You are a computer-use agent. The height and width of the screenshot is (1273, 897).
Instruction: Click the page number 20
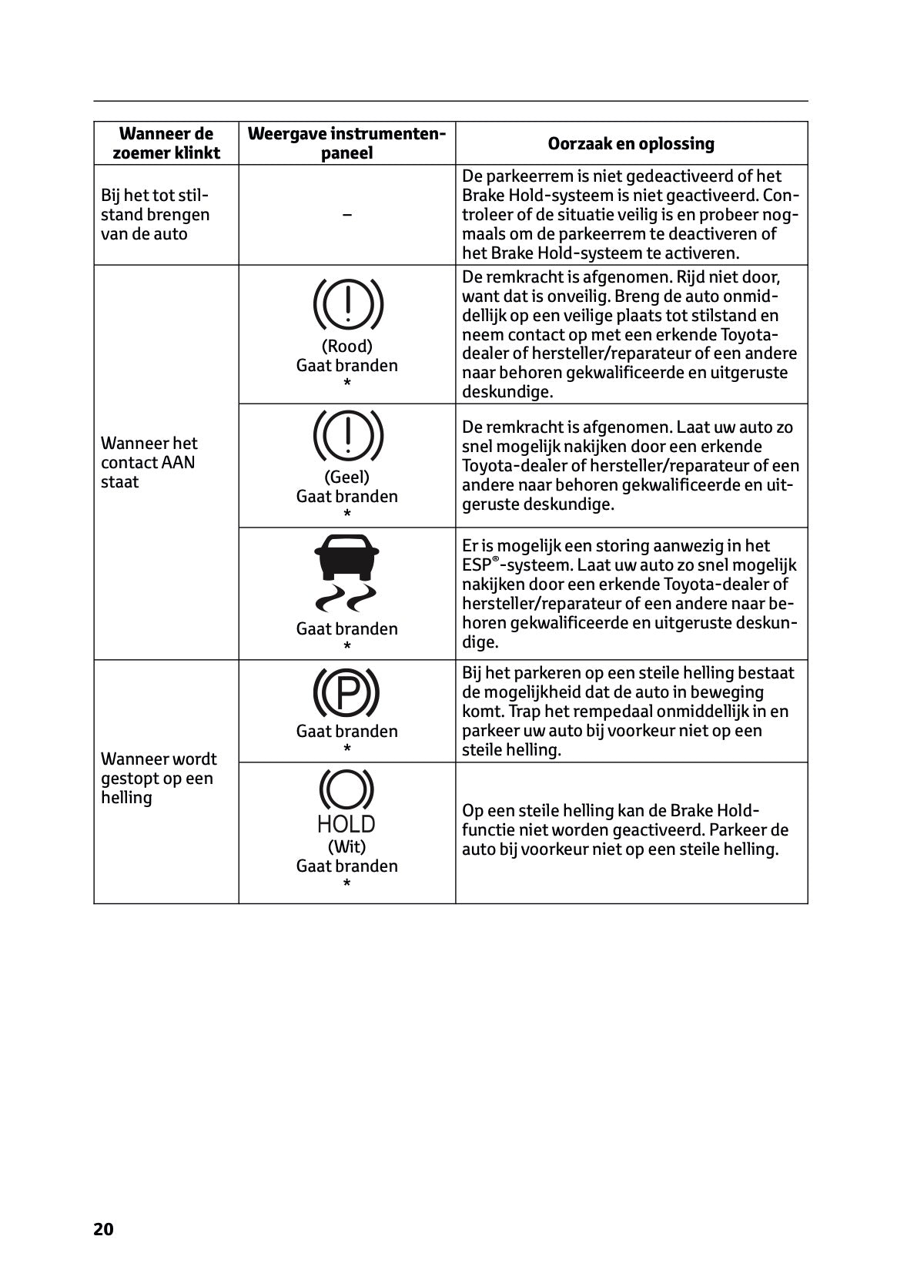click(103, 1229)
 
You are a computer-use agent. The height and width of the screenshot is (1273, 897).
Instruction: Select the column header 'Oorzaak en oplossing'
click(631, 143)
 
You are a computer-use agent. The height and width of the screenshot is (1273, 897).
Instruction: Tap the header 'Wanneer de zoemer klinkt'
click(166, 143)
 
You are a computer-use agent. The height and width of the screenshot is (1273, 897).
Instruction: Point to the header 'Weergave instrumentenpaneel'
click(346, 143)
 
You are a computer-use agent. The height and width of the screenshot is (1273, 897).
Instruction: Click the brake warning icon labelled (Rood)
click(347, 302)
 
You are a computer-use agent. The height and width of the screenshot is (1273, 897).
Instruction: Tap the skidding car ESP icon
click(346, 570)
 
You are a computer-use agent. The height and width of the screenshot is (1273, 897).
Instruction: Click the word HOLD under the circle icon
click(346, 824)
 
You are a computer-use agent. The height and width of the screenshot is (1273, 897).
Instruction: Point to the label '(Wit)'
click(346, 846)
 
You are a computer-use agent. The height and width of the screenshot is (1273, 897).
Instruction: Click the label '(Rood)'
click(346, 346)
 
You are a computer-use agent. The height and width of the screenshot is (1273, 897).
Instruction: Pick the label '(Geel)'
click(346, 477)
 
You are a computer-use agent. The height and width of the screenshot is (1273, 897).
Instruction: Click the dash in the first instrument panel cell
click(346, 215)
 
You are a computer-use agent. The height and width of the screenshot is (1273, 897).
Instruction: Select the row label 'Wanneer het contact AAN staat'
click(149, 462)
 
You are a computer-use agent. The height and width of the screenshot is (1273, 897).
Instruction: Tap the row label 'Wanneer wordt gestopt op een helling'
click(159, 778)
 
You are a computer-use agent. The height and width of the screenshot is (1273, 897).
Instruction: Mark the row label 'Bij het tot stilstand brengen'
click(155, 214)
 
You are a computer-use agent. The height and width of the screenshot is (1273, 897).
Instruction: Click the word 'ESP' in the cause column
click(476, 565)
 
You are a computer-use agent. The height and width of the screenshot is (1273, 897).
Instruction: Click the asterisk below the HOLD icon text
click(346, 883)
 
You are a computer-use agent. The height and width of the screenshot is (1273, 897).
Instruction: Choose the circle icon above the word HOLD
click(346, 790)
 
